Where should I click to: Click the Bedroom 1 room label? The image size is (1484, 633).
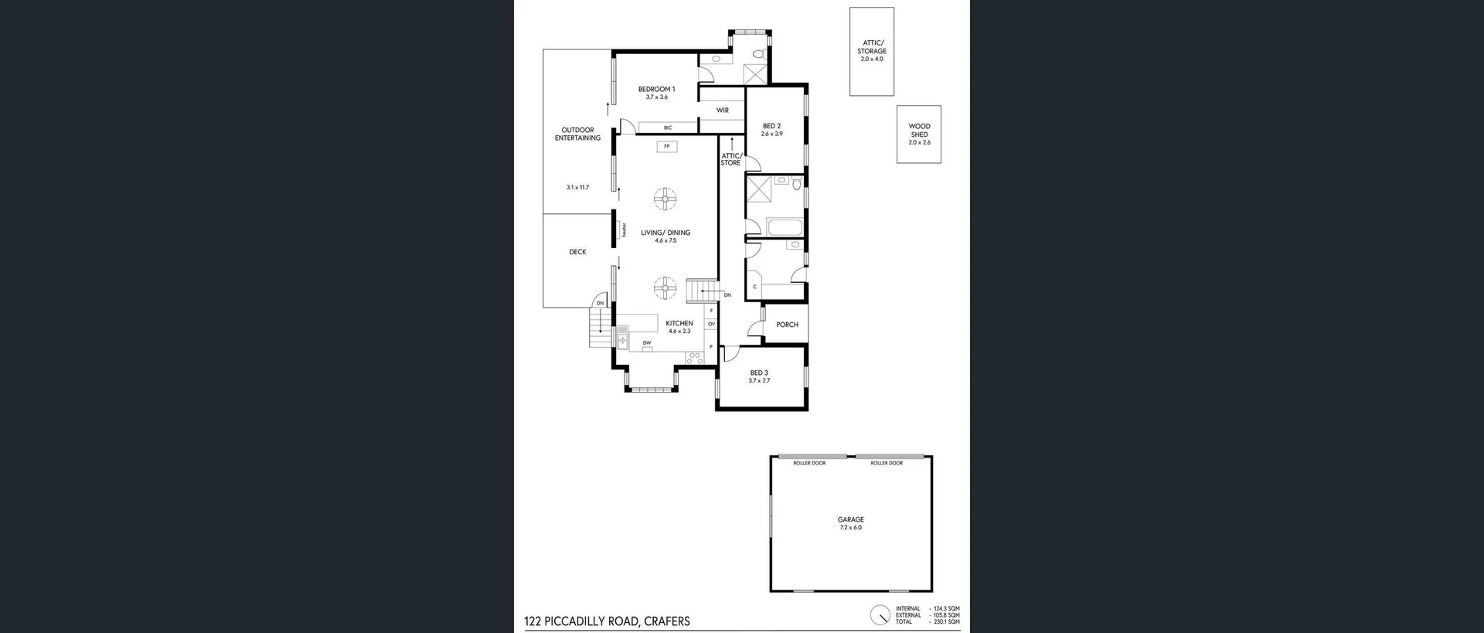[656, 89]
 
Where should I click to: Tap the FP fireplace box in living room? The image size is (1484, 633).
[666, 146]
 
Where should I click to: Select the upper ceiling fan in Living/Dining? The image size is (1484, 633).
[665, 199]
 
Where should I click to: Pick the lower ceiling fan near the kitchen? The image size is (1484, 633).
[665, 289]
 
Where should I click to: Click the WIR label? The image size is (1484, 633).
[722, 111]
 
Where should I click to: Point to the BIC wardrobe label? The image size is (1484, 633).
[668, 128]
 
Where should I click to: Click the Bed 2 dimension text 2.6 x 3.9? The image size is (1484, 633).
[771, 134]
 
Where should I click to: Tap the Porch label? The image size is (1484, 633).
[787, 325]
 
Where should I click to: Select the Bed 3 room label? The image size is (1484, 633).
[759, 373]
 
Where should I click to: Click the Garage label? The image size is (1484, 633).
[850, 519]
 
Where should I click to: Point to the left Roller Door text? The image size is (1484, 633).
[809, 463]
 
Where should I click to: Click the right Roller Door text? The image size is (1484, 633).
[887, 463]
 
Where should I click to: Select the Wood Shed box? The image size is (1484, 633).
[919, 134]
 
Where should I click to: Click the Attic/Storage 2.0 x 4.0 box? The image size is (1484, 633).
[872, 51]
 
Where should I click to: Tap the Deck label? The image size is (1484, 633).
[577, 252]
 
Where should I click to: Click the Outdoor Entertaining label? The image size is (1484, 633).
[577, 134]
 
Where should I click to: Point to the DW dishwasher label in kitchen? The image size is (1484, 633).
[647, 342]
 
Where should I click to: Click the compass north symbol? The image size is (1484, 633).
[880, 615]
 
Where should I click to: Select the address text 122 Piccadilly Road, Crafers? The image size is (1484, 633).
[607, 621]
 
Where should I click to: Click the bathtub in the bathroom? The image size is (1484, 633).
[785, 226]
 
